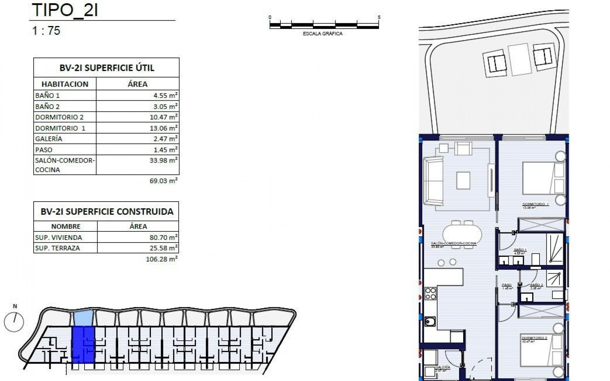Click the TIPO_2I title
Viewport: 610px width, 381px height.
(65, 10)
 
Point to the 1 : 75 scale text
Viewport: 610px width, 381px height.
(46, 31)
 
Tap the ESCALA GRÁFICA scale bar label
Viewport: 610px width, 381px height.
(322, 34)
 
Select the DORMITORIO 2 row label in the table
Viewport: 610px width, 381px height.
(59, 117)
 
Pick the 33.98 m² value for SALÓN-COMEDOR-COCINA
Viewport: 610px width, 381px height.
(163, 161)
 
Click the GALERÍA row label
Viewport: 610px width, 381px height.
(49, 139)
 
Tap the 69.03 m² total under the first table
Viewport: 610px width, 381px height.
(163, 181)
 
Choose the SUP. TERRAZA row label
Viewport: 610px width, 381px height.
(57, 248)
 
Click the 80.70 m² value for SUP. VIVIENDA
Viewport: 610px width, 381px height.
(163, 237)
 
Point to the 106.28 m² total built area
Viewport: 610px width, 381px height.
(161, 259)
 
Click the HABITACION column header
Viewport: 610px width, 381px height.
(65, 84)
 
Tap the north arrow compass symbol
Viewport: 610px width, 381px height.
(14, 322)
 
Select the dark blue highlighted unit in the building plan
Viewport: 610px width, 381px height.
(83, 344)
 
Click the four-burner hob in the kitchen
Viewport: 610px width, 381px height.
(430, 294)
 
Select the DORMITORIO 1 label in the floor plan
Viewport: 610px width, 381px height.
(535, 204)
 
